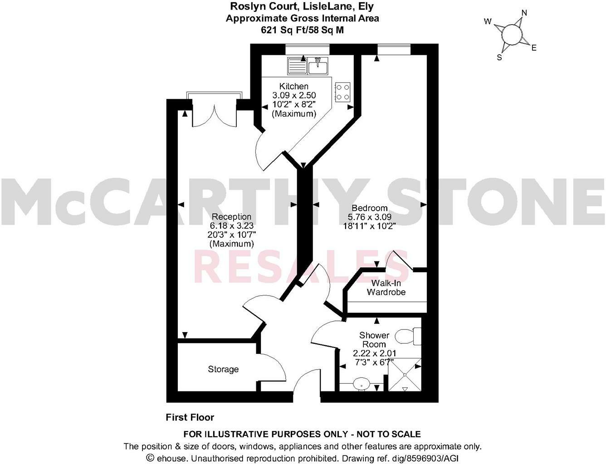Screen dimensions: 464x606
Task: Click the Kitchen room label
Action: [x=293, y=86]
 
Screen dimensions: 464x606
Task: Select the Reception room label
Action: [x=231, y=217]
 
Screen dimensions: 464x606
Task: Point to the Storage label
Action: [x=223, y=369]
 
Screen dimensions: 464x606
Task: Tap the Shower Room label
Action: [x=374, y=340]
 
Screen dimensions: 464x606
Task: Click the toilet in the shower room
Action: [x=408, y=336]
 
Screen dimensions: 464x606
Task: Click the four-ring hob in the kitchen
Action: [x=342, y=91]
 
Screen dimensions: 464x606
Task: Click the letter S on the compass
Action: [x=499, y=57]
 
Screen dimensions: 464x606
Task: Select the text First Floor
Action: [x=190, y=417]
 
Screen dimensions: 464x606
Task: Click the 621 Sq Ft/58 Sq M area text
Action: [x=302, y=29]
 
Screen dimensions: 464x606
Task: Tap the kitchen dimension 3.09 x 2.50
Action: [x=293, y=95]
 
